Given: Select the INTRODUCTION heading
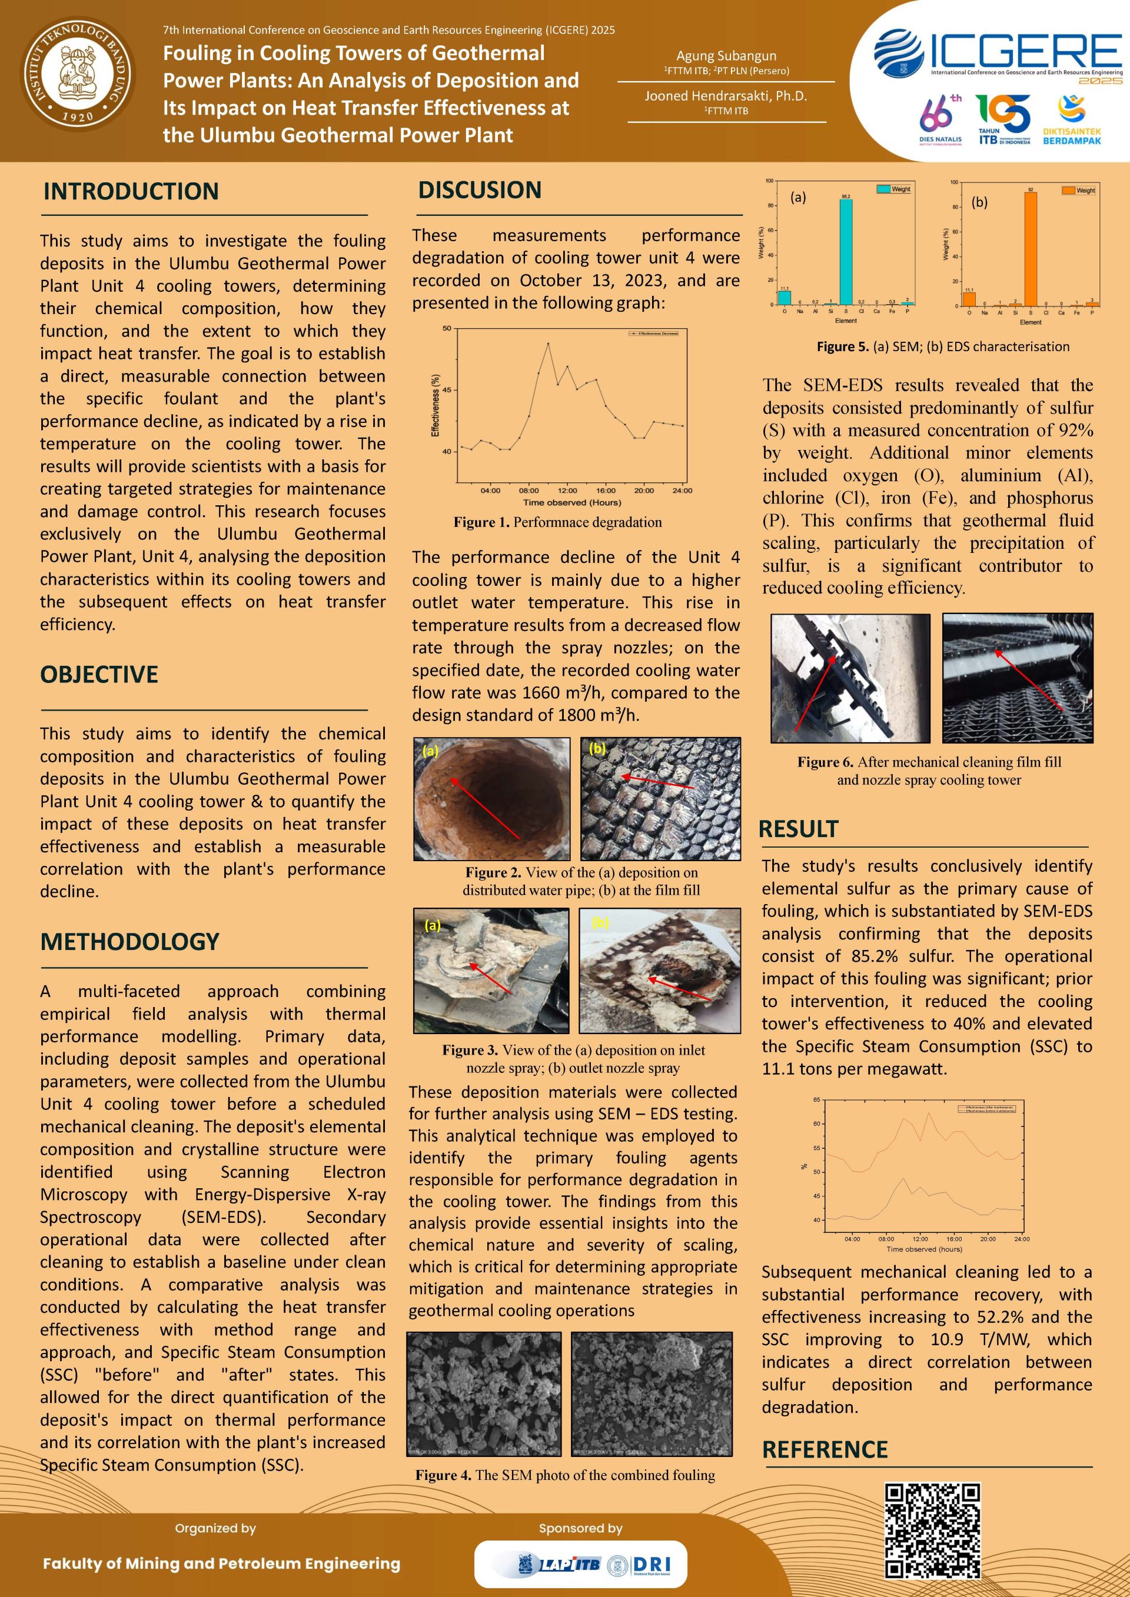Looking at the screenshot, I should coord(131,191).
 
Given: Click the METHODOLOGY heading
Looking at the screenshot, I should coord(129,941).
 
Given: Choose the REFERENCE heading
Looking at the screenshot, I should coord(825,1449).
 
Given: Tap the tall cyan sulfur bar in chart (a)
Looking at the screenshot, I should coord(845,252).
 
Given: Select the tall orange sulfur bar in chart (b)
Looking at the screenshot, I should coord(1031,248).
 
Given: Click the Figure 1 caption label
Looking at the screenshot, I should coord(481,522).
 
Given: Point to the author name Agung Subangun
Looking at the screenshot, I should coord(726,56).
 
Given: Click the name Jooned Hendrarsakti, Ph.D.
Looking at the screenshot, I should coord(725,96).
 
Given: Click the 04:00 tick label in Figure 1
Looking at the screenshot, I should coord(490,491).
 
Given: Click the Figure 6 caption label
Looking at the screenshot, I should coord(825,762).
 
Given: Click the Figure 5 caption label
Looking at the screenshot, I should coord(843,346).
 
